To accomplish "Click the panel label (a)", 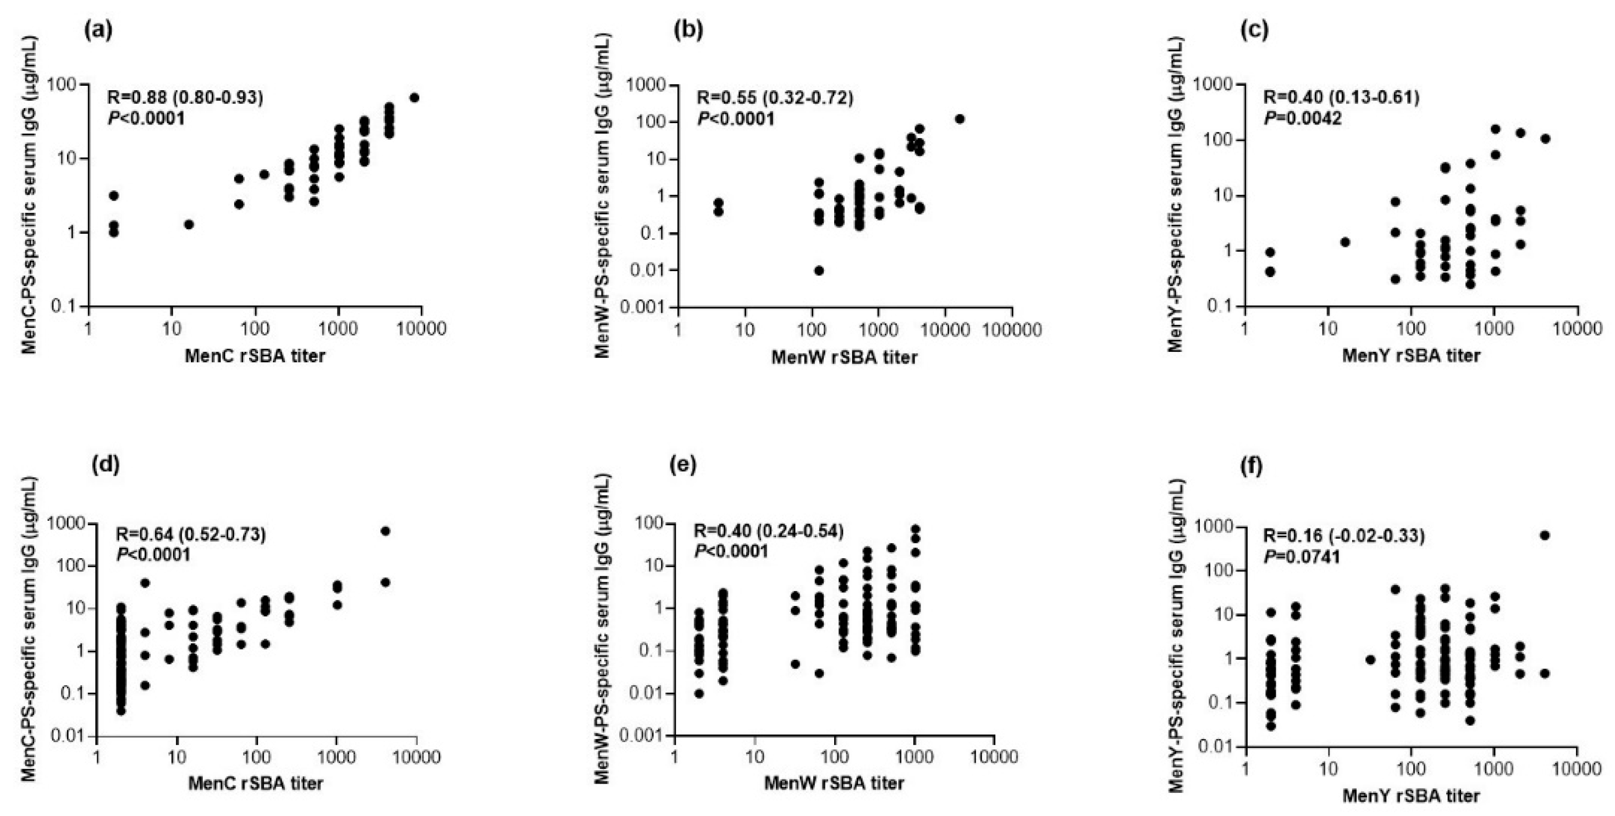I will coord(98,30).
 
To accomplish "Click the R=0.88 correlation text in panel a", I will coord(185,98).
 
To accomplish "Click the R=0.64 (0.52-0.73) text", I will coord(191,534).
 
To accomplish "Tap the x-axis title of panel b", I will coord(844,357).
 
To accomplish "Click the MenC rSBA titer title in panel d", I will coord(256,783).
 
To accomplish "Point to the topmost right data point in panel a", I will coord(414,98).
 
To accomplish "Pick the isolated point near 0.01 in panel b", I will coord(819,270).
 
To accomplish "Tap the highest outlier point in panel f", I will coord(1545,534).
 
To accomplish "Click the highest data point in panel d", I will coord(385,531).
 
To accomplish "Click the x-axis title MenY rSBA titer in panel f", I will coord(1411,796).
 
